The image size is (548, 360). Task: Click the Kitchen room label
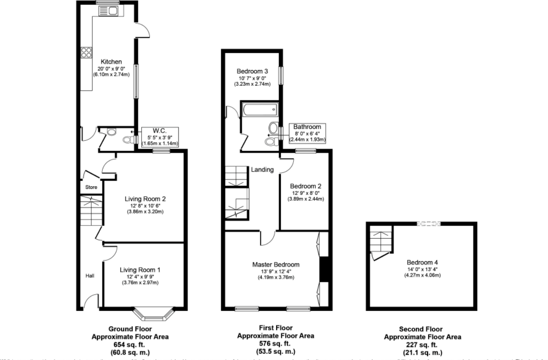111,62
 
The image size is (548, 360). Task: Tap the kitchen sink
111,11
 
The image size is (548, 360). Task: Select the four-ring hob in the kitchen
86,53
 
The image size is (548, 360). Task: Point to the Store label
91,187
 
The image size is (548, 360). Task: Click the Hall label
90,276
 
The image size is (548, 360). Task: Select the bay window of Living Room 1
154,314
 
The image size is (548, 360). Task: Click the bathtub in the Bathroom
259,109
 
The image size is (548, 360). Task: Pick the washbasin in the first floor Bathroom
274,128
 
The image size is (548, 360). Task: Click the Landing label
263,169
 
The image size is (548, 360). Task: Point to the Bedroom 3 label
253,71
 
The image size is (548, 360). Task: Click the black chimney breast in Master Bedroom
323,269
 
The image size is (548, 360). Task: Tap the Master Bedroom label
276,265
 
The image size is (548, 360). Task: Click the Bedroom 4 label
422,261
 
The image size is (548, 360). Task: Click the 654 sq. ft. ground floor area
130,345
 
